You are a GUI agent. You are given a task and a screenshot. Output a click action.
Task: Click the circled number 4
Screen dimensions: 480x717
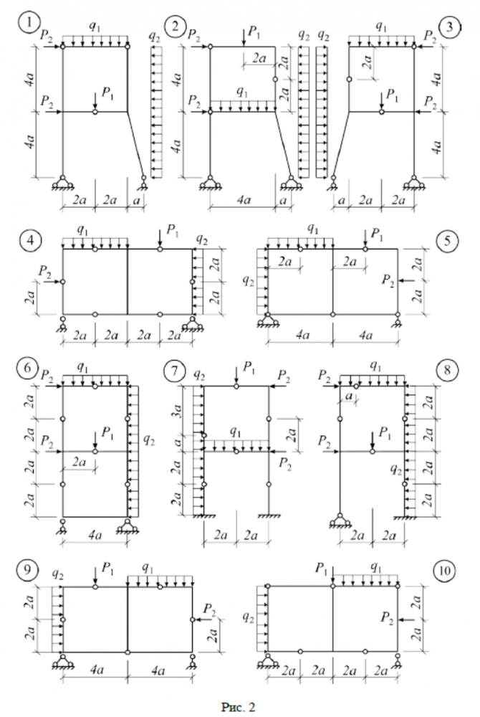[28, 240]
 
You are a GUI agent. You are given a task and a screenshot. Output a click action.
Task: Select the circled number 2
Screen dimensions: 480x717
[174, 27]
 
